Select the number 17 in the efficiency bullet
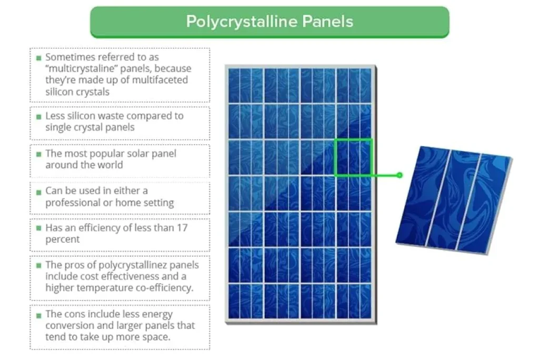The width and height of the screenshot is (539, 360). click(x=182, y=228)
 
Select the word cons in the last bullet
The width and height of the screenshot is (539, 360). click(x=74, y=314)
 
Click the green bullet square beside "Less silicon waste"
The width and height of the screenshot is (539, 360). click(x=38, y=116)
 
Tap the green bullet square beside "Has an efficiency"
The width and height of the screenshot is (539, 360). click(x=38, y=228)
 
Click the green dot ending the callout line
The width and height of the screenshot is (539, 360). click(x=400, y=175)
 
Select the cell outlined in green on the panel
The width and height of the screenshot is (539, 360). click(x=353, y=157)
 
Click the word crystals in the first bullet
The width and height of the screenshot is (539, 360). click(x=92, y=91)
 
